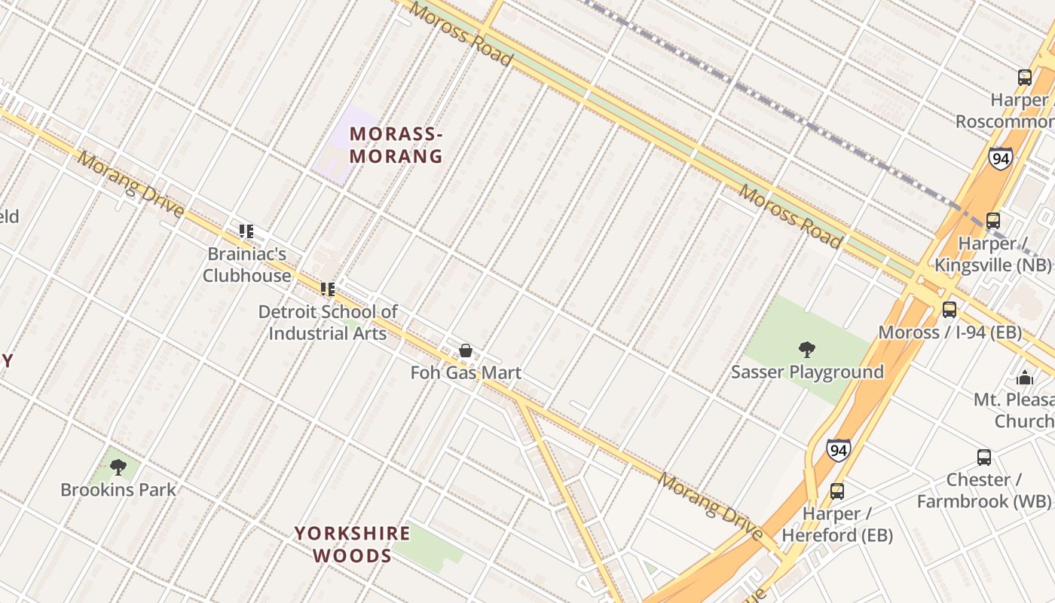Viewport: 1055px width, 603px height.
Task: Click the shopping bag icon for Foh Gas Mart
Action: (x=466, y=350)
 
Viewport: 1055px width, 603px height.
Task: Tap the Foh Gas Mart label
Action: (x=466, y=372)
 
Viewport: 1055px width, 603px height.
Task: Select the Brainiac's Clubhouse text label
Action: (x=246, y=265)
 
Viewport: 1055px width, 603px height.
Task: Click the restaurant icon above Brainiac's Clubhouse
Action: (x=246, y=231)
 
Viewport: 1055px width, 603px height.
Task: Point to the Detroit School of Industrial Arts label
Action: (x=328, y=322)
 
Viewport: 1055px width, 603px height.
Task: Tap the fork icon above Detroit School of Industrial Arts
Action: (x=328, y=289)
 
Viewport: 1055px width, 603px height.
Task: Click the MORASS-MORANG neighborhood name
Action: (x=396, y=145)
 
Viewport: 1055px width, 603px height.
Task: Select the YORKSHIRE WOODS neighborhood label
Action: (x=352, y=544)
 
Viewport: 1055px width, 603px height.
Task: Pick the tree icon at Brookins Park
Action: (x=118, y=467)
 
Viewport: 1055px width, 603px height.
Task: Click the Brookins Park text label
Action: (x=118, y=490)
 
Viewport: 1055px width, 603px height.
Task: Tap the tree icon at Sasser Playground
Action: (x=807, y=350)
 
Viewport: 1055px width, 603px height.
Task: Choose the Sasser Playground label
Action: (x=807, y=372)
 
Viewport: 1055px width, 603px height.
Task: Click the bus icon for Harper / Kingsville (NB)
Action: (x=993, y=221)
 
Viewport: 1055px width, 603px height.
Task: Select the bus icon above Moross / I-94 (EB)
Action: (x=949, y=309)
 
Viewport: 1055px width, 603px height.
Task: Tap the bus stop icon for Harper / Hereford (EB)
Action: (x=836, y=491)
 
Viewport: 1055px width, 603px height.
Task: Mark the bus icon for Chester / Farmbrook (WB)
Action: (x=984, y=457)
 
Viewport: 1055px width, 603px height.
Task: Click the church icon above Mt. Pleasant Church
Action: (x=1025, y=377)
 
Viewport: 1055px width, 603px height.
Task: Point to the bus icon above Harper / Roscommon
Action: (x=1025, y=77)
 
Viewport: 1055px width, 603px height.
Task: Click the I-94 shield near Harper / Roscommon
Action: (x=1001, y=158)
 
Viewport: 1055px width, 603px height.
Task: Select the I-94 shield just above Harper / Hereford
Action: (x=837, y=451)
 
